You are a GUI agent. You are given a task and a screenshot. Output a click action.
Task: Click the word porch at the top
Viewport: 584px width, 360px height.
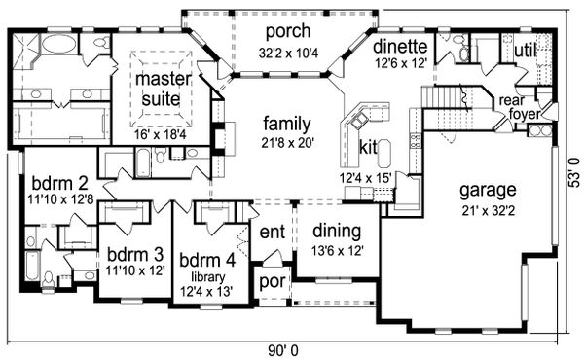(x=288, y=32)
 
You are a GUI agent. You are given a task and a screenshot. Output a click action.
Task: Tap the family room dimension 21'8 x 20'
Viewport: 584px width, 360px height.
(x=288, y=143)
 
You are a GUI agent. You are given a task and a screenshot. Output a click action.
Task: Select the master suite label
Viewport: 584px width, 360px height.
(x=162, y=89)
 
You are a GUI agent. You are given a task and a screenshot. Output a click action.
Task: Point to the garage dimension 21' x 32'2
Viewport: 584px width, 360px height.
(x=489, y=211)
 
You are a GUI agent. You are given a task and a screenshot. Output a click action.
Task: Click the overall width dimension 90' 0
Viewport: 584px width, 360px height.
(x=283, y=350)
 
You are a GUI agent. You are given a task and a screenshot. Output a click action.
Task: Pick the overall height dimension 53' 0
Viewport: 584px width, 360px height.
(x=574, y=172)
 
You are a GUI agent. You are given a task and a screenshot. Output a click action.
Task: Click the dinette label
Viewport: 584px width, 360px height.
(x=400, y=46)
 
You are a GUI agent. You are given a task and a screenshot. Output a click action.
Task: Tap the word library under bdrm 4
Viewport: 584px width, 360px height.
(x=208, y=276)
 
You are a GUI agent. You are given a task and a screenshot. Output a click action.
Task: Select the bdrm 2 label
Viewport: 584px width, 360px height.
(x=60, y=183)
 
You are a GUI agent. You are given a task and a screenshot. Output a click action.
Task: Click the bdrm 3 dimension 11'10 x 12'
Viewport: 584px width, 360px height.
(x=135, y=270)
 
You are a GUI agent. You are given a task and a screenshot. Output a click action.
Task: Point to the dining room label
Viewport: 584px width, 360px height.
(x=337, y=232)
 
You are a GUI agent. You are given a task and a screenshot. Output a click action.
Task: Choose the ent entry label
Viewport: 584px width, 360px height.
(x=273, y=232)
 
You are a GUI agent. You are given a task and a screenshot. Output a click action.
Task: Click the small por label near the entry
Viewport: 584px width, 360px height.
(x=273, y=281)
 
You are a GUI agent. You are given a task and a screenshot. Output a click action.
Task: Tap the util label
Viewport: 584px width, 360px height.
(x=525, y=50)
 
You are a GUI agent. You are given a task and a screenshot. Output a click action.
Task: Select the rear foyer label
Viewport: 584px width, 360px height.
(x=519, y=107)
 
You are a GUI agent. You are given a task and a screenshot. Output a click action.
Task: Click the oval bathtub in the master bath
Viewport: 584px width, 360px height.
(x=58, y=44)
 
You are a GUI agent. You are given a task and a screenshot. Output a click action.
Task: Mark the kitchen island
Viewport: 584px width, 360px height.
(x=384, y=154)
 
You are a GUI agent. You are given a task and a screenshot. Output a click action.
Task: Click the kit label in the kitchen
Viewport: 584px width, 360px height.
(x=368, y=148)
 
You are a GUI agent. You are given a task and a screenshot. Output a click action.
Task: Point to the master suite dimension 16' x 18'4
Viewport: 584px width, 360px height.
(x=161, y=134)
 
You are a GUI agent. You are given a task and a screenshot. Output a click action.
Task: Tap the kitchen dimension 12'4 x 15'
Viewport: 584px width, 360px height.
(x=365, y=178)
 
